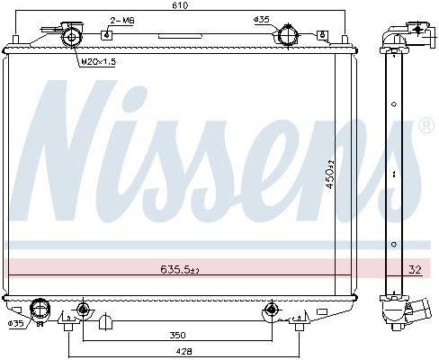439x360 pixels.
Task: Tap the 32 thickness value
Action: pos(415,268)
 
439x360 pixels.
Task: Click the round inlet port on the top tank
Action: pos(287,37)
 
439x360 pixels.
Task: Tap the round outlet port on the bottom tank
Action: pos(39,310)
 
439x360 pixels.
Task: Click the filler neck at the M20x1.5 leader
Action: pos(70,35)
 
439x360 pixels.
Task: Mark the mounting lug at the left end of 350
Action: pos(83,310)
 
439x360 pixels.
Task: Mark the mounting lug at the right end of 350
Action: pos(269,310)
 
